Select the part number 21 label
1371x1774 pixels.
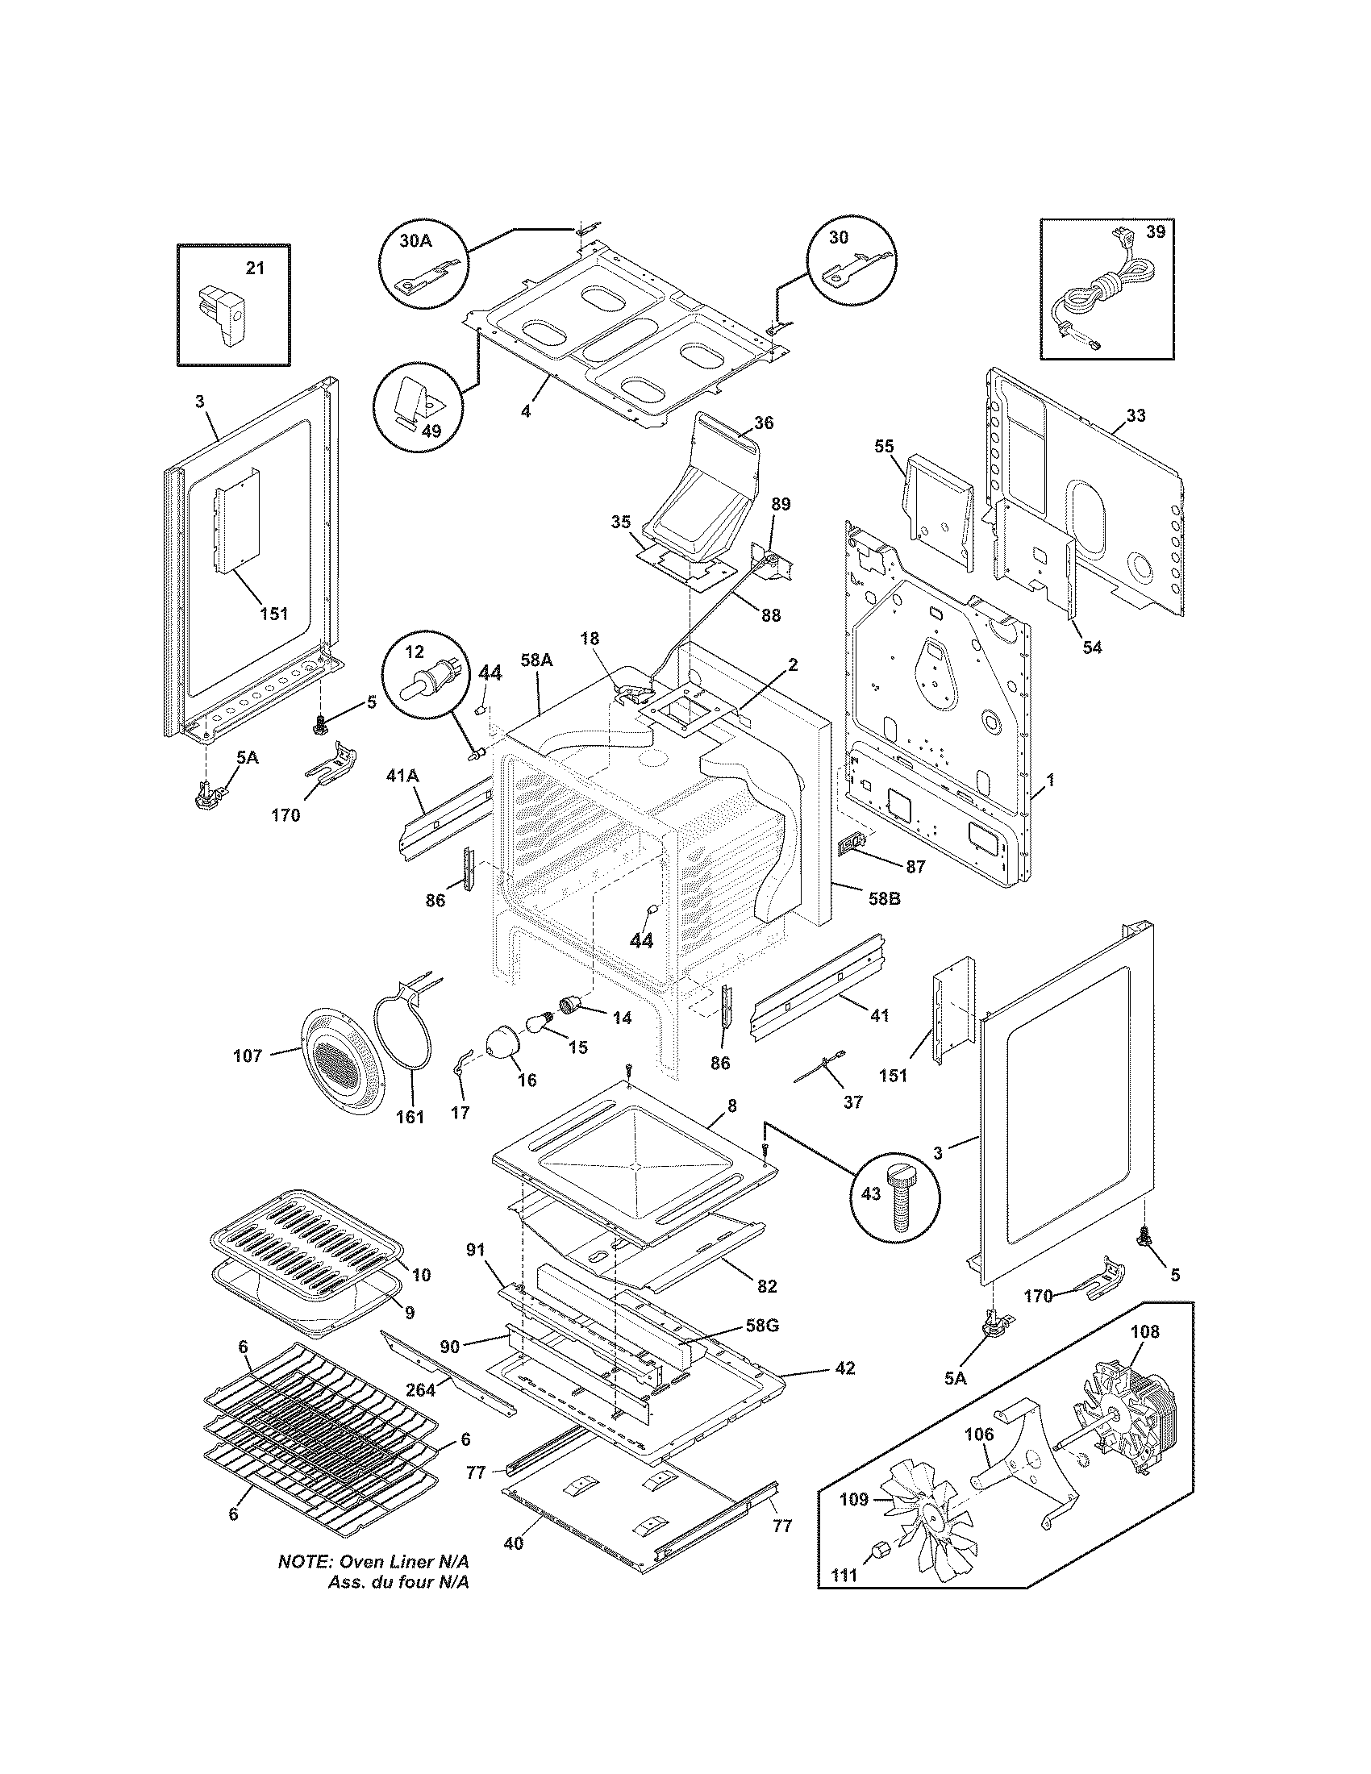[254, 269]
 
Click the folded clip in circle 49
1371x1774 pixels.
[415, 402]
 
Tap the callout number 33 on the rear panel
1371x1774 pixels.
[1136, 416]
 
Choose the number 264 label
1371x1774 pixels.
[421, 1390]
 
